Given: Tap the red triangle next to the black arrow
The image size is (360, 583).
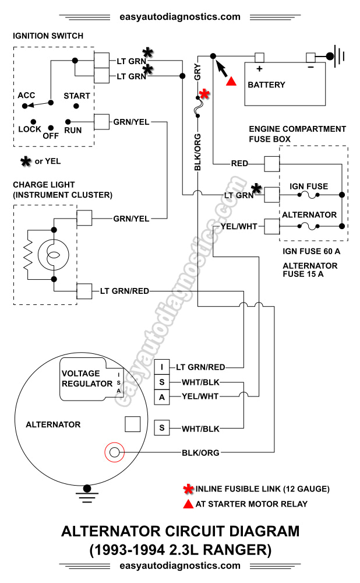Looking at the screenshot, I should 231,82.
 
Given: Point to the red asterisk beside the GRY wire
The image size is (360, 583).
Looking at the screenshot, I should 204,94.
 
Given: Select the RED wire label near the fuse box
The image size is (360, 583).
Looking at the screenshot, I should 239,163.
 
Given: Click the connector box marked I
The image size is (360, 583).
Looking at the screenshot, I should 161,367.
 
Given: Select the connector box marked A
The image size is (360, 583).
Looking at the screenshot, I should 161,398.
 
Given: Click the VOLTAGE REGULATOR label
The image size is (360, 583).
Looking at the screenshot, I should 87,378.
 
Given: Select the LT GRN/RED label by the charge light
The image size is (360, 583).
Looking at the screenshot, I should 124,290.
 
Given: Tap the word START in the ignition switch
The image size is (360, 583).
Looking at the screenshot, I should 77,96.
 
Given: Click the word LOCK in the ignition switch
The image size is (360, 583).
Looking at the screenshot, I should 30,129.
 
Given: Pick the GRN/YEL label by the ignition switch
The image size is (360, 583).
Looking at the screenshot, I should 131,122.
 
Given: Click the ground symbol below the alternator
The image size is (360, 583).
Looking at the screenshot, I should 88,493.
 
